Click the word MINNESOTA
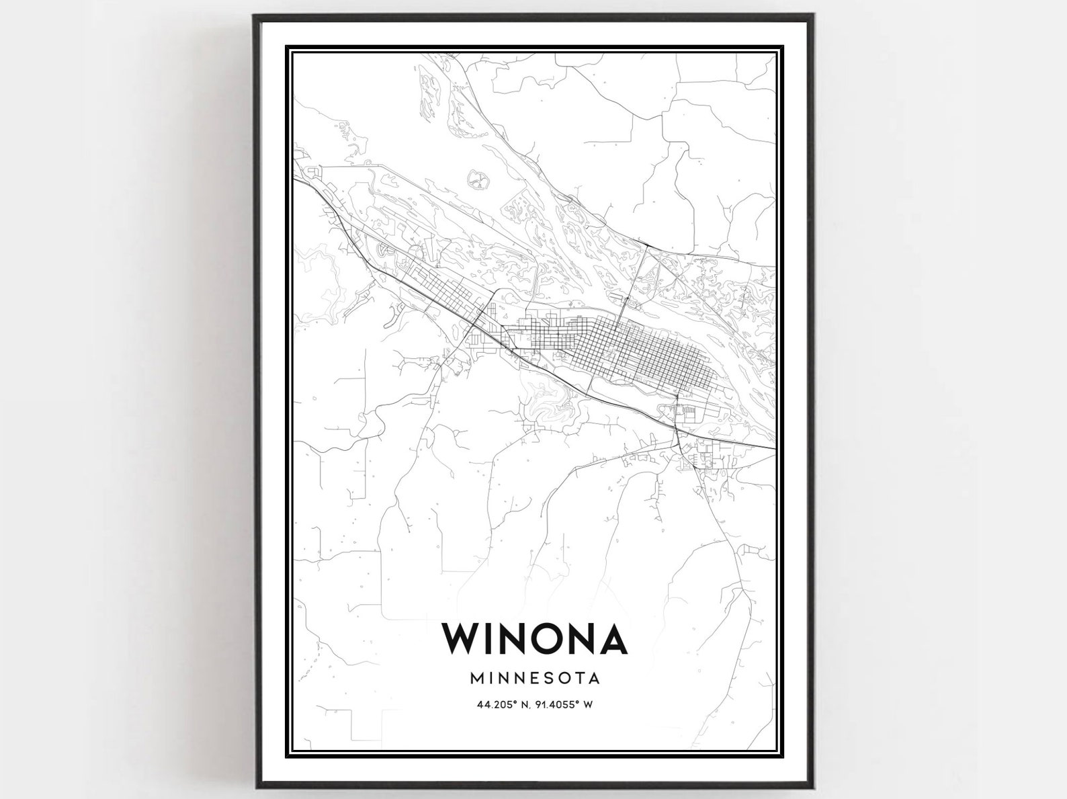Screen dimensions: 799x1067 pos(535,677)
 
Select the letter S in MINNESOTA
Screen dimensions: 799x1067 pos(552,677)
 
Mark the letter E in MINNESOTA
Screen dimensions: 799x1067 pos(538,677)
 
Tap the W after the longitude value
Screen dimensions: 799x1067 pos(589,705)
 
